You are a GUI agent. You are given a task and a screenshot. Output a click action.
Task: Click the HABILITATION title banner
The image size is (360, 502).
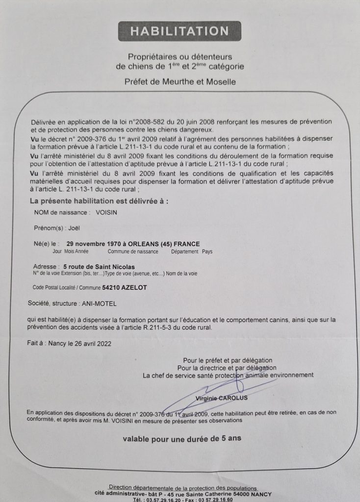[x=180, y=31]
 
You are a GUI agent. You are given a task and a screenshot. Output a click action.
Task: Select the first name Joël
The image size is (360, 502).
[x=75, y=228]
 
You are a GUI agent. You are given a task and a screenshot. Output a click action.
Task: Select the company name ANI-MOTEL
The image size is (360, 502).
[x=96, y=304]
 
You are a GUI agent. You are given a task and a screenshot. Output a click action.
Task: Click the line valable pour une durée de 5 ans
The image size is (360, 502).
[x=182, y=439]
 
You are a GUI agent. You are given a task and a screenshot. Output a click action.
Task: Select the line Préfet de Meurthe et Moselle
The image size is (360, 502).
[x=180, y=82]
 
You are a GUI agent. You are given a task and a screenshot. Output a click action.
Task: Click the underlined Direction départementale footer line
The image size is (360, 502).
[x=182, y=488]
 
